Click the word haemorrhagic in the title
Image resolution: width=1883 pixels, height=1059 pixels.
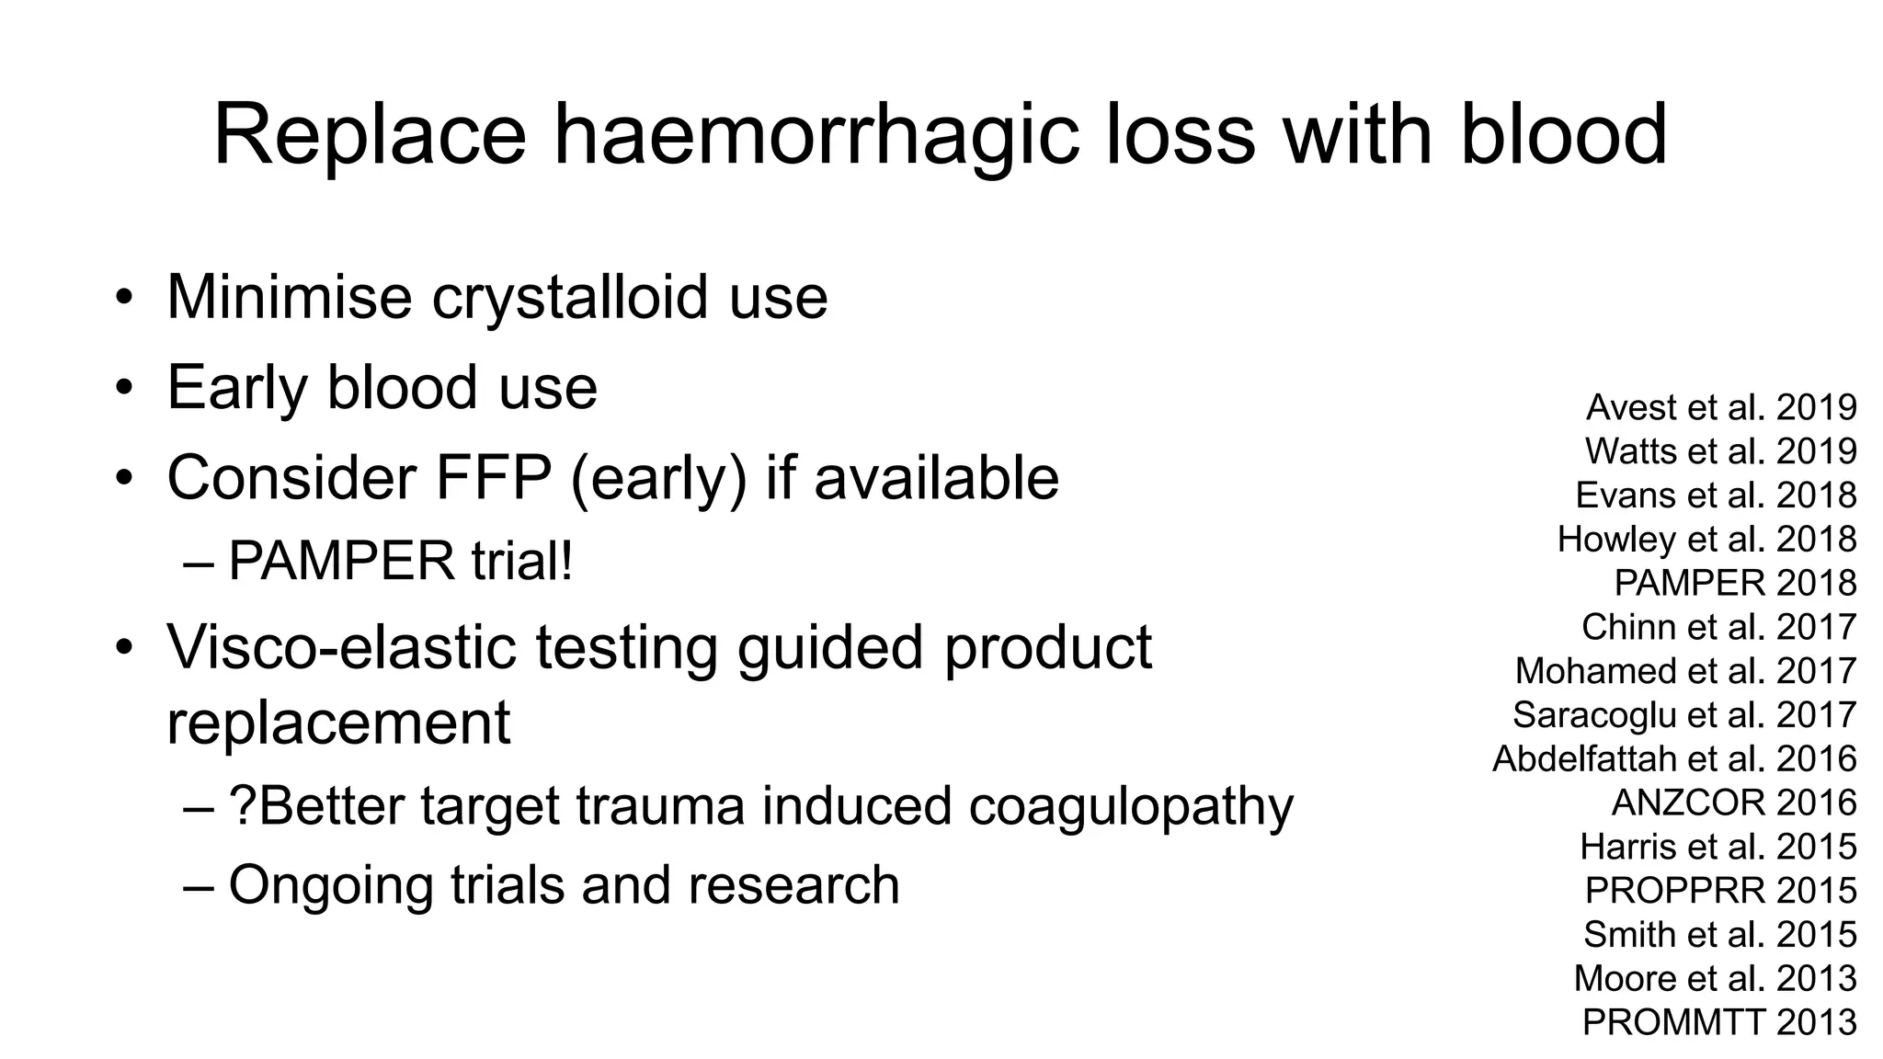(x=816, y=136)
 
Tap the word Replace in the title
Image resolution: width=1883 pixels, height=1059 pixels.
(x=370, y=136)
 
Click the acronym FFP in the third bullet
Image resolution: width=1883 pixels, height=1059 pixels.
(x=493, y=477)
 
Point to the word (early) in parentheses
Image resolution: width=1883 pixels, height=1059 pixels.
(x=658, y=479)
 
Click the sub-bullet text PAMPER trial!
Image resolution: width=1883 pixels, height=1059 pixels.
(x=401, y=561)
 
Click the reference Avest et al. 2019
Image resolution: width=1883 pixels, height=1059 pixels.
(x=1721, y=407)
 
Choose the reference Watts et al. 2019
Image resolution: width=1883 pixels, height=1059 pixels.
(x=1720, y=451)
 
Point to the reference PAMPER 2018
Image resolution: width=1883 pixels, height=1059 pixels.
(x=1735, y=583)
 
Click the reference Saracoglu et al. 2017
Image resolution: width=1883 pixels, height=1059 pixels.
(x=1684, y=714)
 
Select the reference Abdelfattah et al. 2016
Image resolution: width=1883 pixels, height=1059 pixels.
(x=1674, y=758)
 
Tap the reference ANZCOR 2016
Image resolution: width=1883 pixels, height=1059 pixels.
(x=1734, y=803)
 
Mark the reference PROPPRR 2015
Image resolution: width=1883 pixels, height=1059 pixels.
(x=1720, y=890)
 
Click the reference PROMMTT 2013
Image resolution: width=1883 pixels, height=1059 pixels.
(x=1719, y=1022)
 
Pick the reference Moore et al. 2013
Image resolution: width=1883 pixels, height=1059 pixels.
(x=1715, y=978)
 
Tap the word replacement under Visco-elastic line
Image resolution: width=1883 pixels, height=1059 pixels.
(x=337, y=723)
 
